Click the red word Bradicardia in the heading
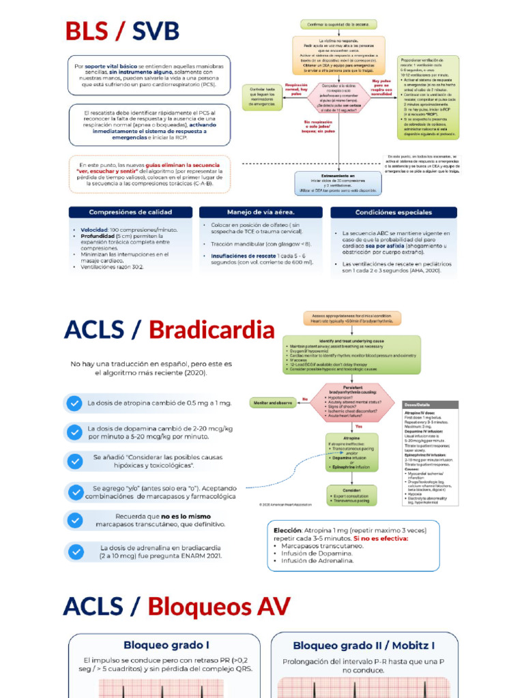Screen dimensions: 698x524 click(x=212, y=330)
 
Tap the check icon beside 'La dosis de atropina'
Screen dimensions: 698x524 click(x=74, y=403)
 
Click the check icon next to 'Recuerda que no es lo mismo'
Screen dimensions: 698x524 click(x=74, y=520)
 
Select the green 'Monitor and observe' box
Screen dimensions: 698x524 click(x=273, y=403)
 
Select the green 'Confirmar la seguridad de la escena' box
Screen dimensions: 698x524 click(x=338, y=25)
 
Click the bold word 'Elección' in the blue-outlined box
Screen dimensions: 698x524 click(x=287, y=530)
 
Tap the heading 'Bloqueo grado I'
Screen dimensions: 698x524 click(x=166, y=645)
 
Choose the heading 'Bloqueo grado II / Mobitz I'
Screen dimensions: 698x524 click(x=364, y=645)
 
